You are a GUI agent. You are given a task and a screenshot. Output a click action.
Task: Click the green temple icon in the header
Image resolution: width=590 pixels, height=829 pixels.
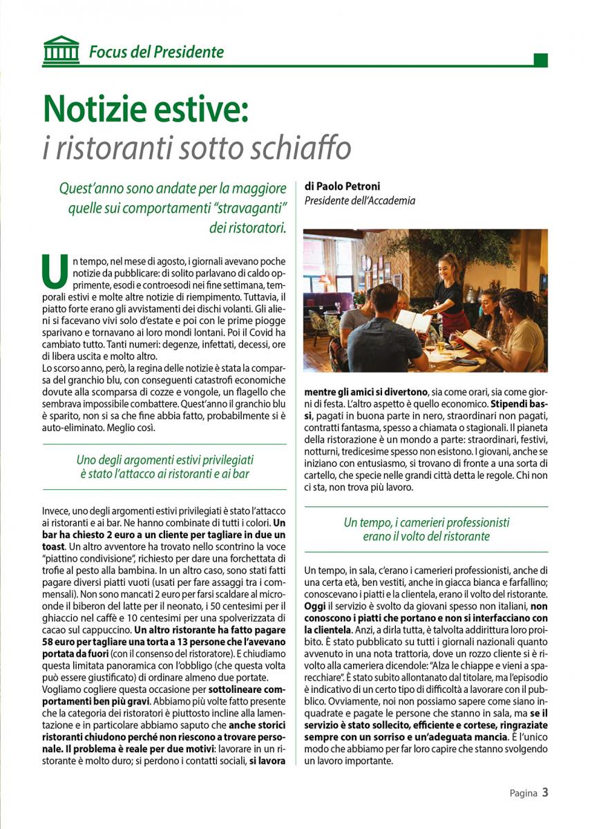[61, 50]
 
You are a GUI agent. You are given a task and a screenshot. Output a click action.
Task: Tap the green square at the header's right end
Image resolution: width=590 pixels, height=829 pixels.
[541, 60]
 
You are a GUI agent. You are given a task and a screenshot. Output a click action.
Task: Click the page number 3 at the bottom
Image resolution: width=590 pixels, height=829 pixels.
[545, 792]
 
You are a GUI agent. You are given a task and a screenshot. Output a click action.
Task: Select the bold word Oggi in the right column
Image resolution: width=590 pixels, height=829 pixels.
[315, 605]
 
